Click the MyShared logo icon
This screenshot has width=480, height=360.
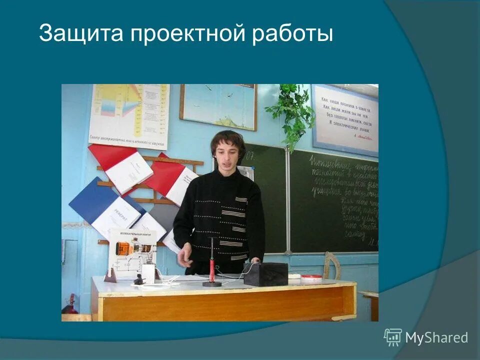[x=392, y=337]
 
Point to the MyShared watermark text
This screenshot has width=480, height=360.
[x=436, y=338]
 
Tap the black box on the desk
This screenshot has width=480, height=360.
[x=265, y=274]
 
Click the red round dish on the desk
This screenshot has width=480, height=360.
[x=311, y=277]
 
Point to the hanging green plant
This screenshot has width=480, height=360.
[x=292, y=112]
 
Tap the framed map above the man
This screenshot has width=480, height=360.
[x=218, y=106]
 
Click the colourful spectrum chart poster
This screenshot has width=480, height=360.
[x=129, y=112]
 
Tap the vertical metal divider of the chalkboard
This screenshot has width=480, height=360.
[x=288, y=200]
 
